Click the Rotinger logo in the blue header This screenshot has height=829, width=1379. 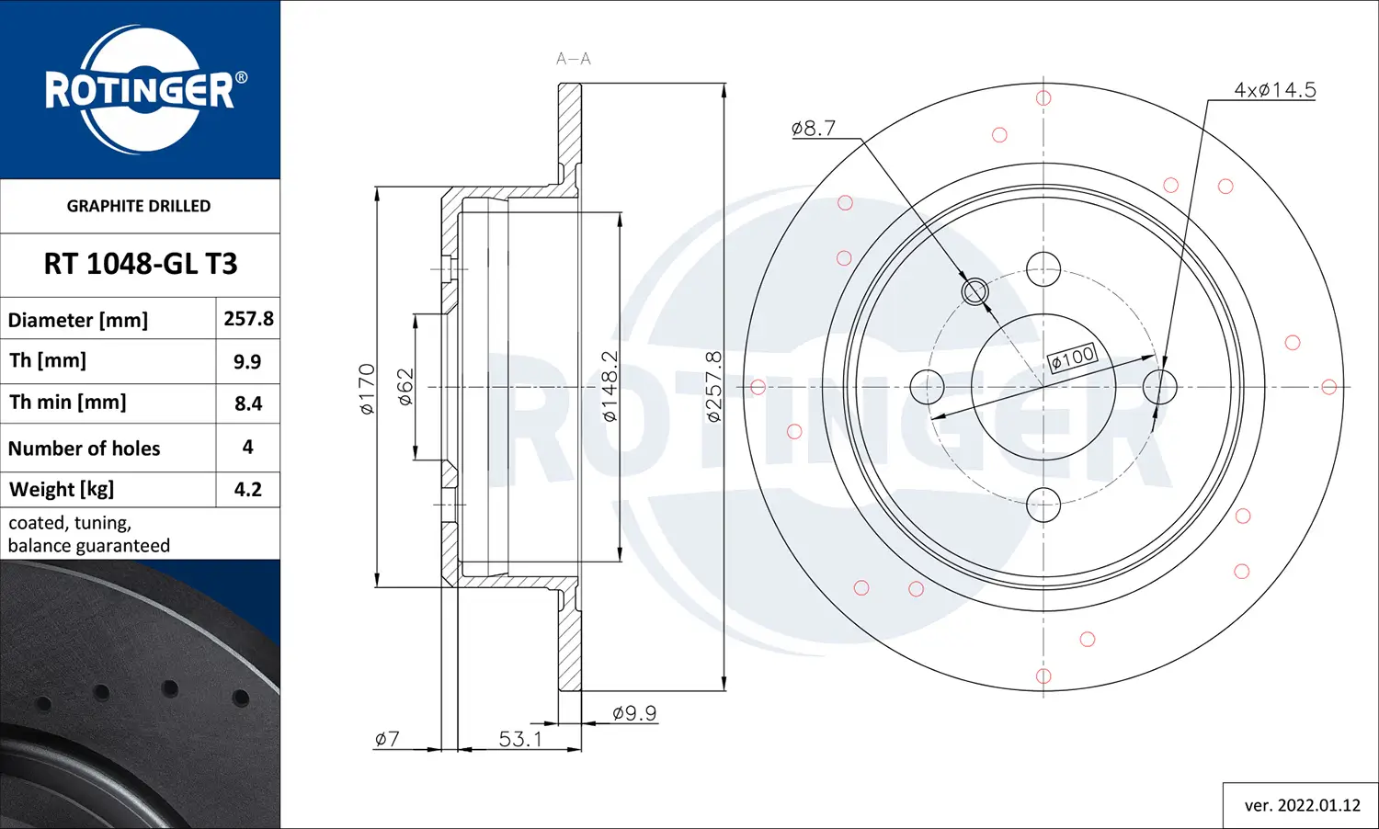click(x=140, y=90)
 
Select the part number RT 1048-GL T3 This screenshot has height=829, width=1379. click(x=140, y=265)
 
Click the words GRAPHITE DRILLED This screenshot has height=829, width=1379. click(x=139, y=206)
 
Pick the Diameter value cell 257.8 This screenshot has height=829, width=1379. click(x=248, y=319)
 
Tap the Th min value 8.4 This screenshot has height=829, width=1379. click(x=248, y=403)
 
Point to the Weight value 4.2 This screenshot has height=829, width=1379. click(x=248, y=489)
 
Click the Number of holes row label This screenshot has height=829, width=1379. click(x=85, y=449)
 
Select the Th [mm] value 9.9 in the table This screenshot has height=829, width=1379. click(x=247, y=361)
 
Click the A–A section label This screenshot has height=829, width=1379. click(x=573, y=59)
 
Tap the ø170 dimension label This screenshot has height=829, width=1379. click(x=367, y=389)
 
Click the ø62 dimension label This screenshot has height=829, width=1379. click(x=405, y=387)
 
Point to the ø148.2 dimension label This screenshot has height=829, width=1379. click(x=610, y=387)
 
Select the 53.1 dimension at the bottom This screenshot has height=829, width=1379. click(x=520, y=739)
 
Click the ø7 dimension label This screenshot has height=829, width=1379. click(x=387, y=739)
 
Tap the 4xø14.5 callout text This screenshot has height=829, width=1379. click(x=1274, y=90)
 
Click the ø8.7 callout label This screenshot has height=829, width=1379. click(x=814, y=129)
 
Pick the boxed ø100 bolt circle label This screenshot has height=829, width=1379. click(x=1072, y=358)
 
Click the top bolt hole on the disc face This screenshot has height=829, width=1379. click(x=1043, y=270)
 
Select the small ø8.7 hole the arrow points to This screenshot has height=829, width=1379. click(x=974, y=292)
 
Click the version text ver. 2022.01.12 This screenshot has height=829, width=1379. click(x=1302, y=805)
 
